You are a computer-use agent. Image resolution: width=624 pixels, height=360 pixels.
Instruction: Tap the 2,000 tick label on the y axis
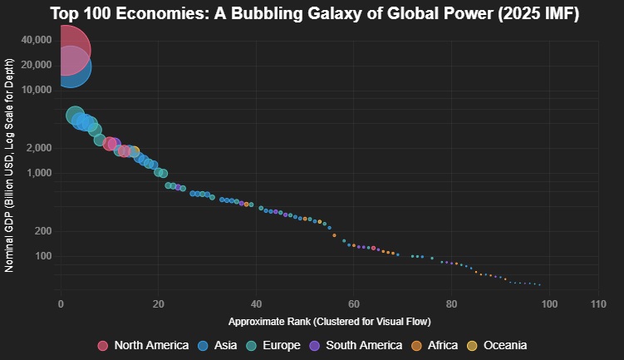[x=39, y=148]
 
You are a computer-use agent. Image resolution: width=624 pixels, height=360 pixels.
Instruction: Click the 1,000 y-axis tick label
[x=39, y=173]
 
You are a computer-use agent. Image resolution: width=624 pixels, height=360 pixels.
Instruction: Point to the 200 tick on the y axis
[x=43, y=231]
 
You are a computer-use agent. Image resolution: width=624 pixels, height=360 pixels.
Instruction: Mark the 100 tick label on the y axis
[x=43, y=256]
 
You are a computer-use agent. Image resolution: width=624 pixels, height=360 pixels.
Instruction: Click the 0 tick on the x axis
[x=60, y=304]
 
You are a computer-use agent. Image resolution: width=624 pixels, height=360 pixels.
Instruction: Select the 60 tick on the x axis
[x=353, y=304]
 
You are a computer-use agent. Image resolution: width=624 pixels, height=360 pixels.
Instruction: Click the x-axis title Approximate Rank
[x=329, y=321]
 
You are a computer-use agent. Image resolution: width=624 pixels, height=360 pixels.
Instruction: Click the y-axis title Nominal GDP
[x=10, y=165]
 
